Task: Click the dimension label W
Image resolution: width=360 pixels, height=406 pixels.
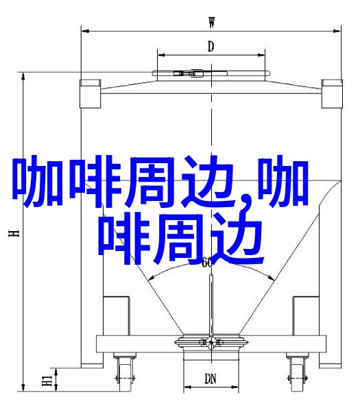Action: click(212, 22)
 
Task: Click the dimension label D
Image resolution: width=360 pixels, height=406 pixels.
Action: click(211, 47)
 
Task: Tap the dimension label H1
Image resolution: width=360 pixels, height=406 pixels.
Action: click(47, 380)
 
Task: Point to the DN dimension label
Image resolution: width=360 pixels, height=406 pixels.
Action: click(211, 379)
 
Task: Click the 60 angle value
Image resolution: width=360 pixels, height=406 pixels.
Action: click(207, 263)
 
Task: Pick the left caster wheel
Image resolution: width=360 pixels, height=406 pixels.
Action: click(125, 374)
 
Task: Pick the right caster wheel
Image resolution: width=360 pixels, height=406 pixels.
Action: click(298, 374)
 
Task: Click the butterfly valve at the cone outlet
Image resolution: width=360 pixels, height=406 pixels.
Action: click(211, 342)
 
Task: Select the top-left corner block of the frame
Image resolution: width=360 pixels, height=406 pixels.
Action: click(90, 94)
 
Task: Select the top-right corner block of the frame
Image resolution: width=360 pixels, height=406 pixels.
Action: click(332, 94)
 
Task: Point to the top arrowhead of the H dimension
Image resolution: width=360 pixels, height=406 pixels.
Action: click(23, 76)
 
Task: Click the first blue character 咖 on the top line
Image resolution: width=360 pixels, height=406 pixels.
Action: click(38, 181)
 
